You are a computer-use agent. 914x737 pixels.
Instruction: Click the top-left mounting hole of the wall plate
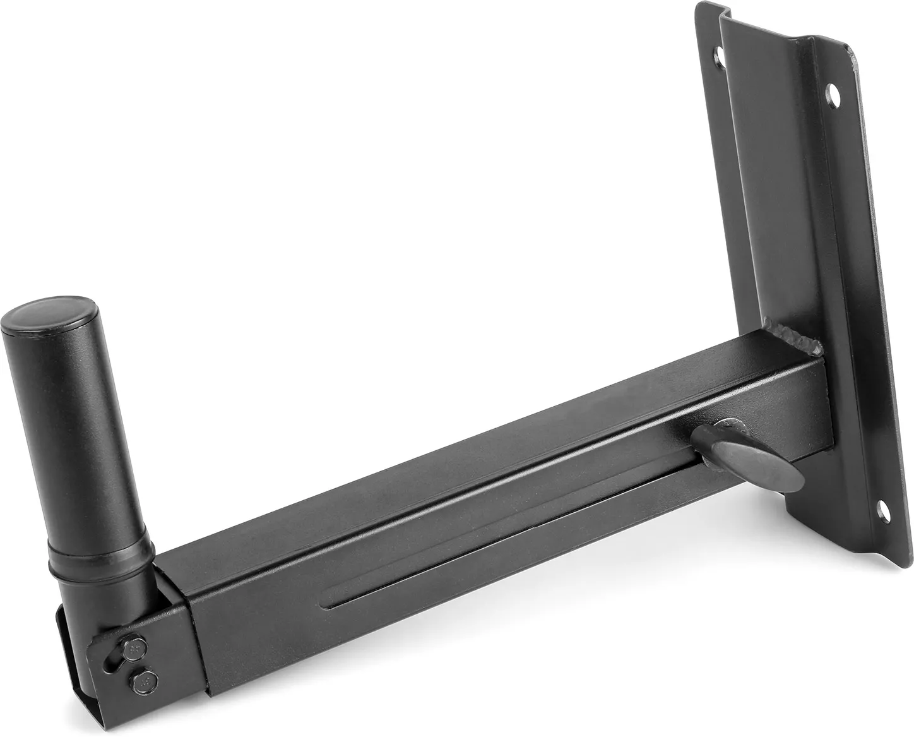pos(716,56)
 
